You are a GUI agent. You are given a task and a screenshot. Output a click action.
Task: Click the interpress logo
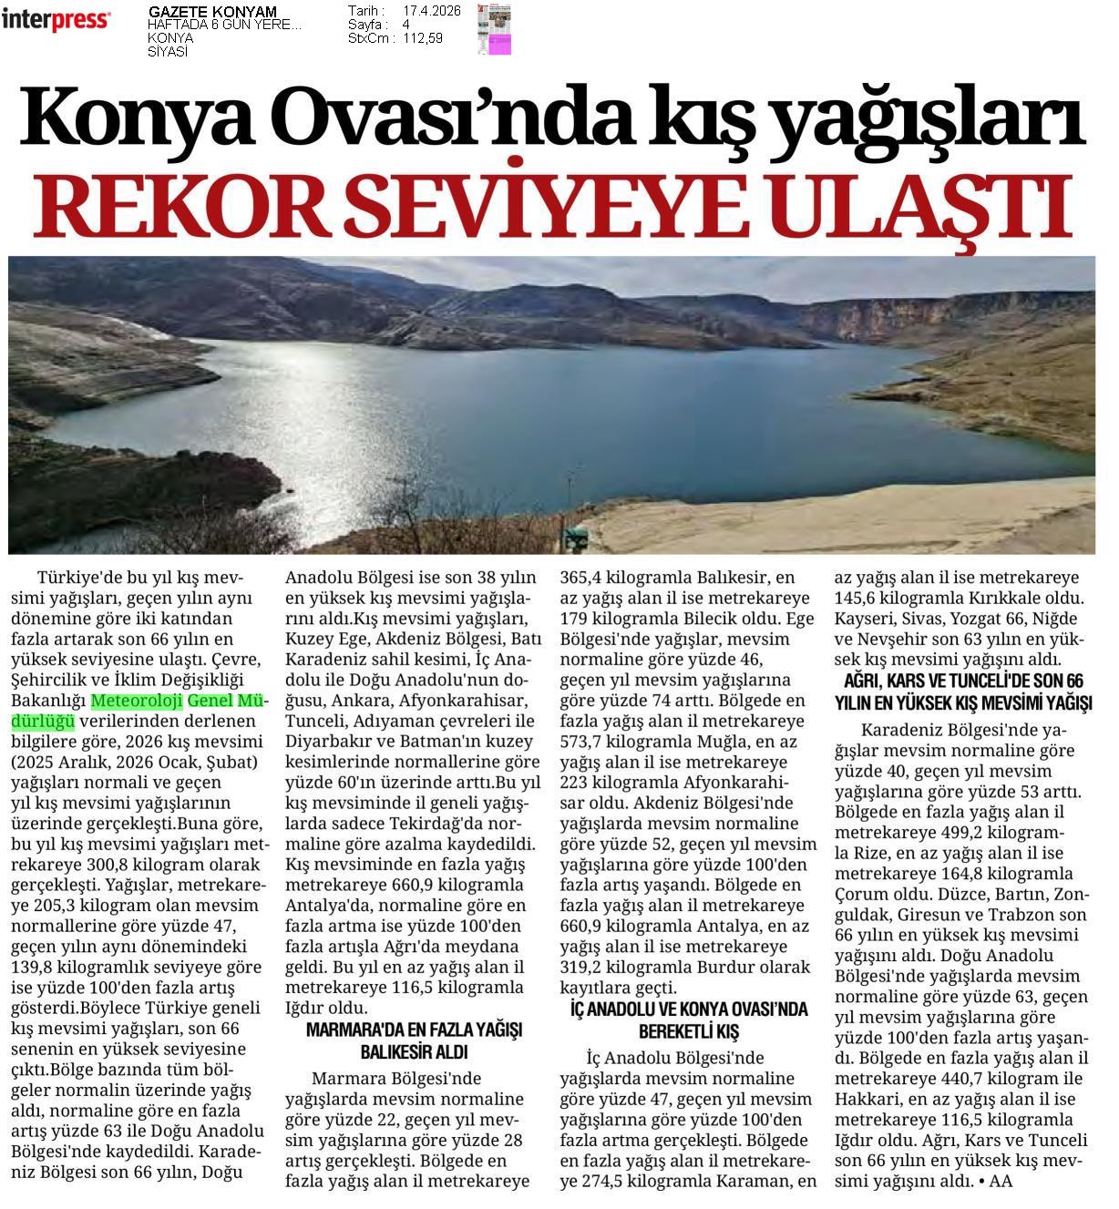(x=56, y=20)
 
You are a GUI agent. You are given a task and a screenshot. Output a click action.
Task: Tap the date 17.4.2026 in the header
(x=431, y=11)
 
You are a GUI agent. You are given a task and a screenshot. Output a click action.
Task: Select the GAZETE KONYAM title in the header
(x=212, y=12)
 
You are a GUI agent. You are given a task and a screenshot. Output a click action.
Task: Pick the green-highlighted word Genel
(x=210, y=702)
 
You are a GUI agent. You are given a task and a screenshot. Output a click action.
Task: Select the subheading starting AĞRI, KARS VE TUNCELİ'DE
(x=963, y=681)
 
